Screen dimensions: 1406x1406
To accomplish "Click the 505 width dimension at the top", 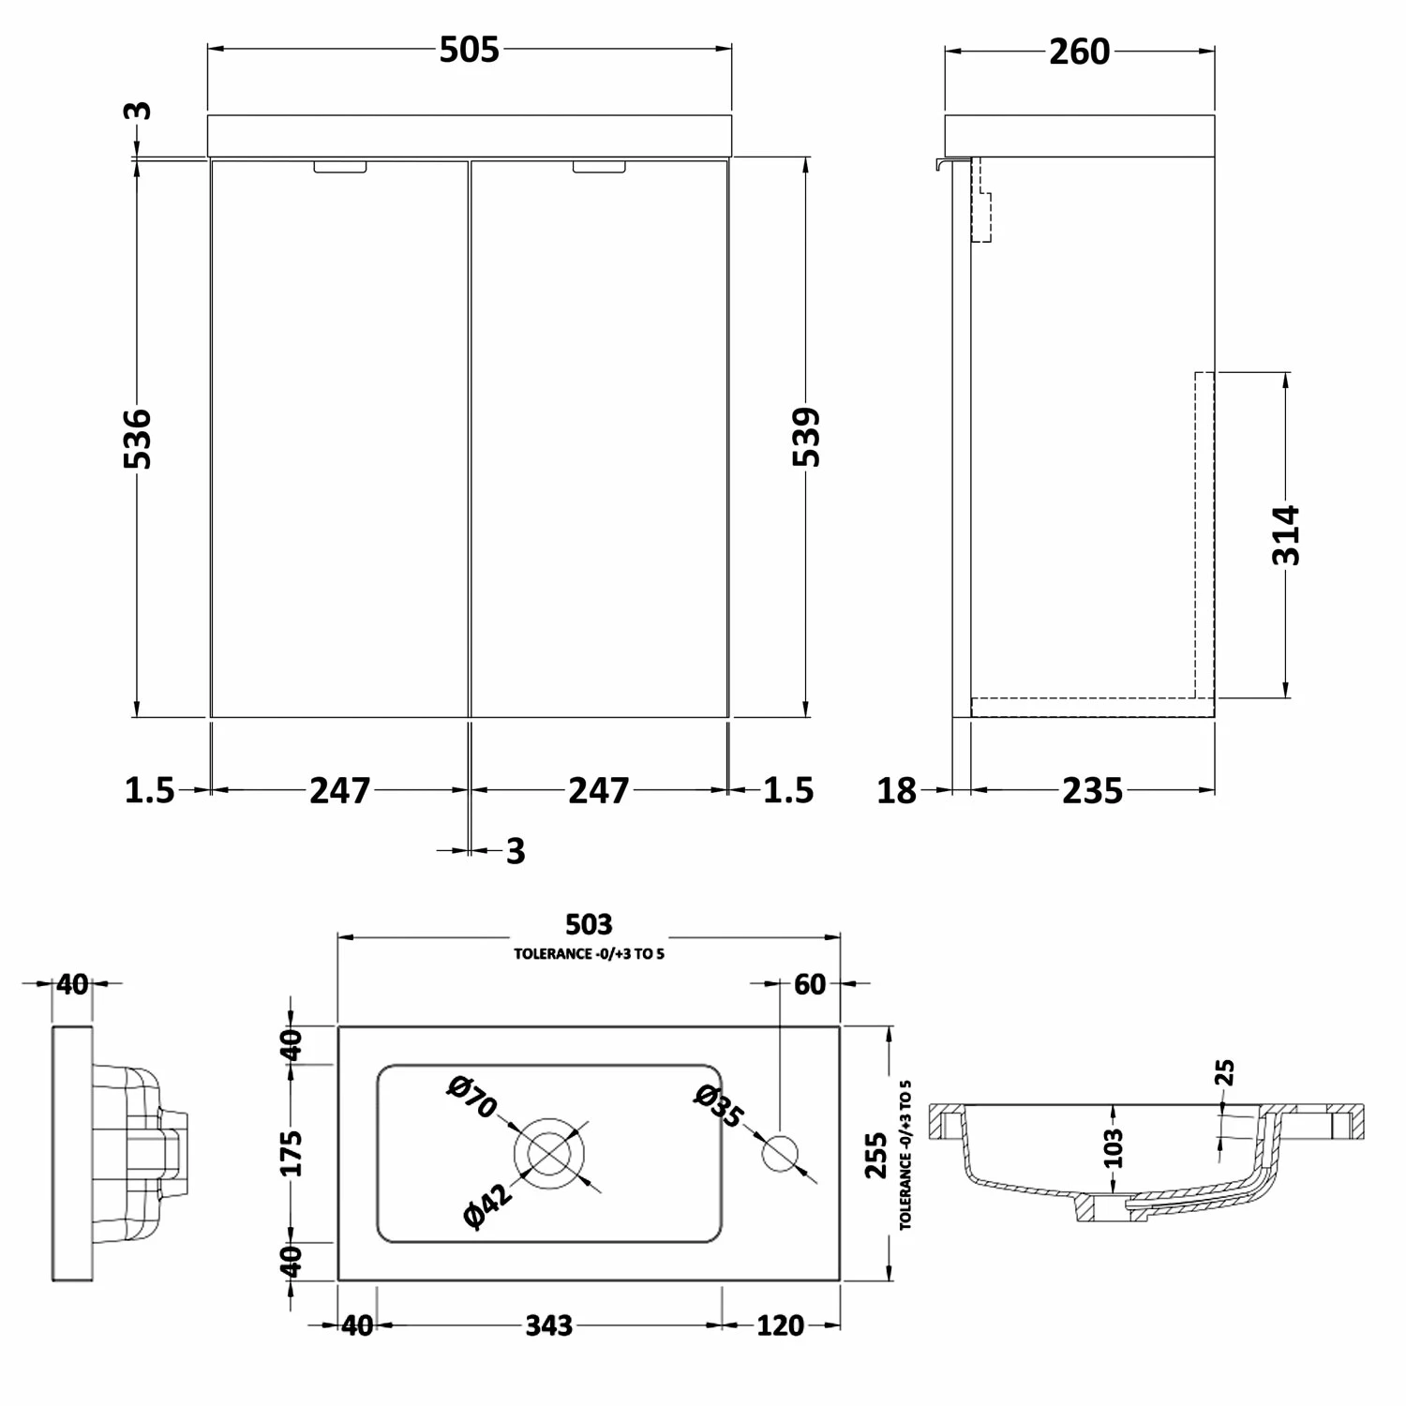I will pos(469,51).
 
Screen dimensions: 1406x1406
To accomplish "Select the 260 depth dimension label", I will pos(1079,52).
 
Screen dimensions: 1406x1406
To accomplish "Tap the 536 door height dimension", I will pos(137,438).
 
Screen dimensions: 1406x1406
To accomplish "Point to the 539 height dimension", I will pos(806,437).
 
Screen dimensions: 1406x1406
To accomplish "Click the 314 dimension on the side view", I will pos(1286,534).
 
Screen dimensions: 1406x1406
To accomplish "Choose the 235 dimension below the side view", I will pos(1092,791).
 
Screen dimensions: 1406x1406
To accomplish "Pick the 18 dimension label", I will pos(896,791).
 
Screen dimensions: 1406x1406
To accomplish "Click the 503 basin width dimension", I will pos(589,925).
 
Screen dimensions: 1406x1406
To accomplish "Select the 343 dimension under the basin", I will pos(548,1325).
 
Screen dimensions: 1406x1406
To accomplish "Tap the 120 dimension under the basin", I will pos(780,1325).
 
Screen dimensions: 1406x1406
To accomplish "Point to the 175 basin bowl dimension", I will pos(292,1153).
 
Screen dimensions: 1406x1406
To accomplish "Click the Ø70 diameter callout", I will pos(471,1098).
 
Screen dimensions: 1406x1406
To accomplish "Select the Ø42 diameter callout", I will pos(488,1205).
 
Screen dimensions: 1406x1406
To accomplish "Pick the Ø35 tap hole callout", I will pos(719,1107).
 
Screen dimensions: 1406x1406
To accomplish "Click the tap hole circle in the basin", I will pos(780,1153).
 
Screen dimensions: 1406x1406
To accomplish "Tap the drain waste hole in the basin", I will pos(549,1153).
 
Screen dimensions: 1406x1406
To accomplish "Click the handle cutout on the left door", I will pos(341,167).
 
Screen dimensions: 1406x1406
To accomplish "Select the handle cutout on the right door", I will pos(599,167).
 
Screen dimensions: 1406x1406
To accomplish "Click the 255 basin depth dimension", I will pos(875,1155).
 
